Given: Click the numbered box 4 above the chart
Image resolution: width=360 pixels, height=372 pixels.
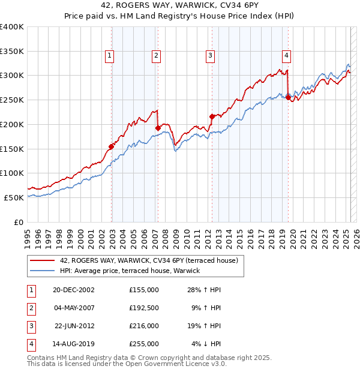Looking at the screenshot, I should click(x=287, y=56).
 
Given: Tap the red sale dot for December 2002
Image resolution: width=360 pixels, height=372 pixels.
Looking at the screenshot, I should click(x=112, y=146).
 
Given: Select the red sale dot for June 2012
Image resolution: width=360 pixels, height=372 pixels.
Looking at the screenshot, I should click(x=212, y=116).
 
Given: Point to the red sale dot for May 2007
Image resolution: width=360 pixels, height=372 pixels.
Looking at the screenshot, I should click(x=158, y=128).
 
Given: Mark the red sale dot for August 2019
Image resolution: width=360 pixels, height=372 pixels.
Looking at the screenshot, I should click(x=288, y=97).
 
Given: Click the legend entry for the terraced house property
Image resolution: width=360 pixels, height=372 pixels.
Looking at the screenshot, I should click(x=149, y=260).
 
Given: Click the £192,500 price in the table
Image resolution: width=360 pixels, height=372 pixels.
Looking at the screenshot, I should click(x=144, y=308).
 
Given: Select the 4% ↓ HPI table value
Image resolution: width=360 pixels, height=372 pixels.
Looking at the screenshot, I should click(x=206, y=344).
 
